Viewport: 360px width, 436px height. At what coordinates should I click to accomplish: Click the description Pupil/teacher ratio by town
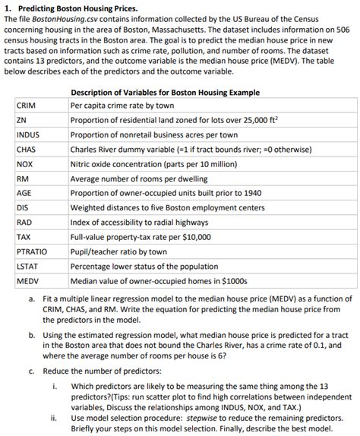click(x=118, y=251)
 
